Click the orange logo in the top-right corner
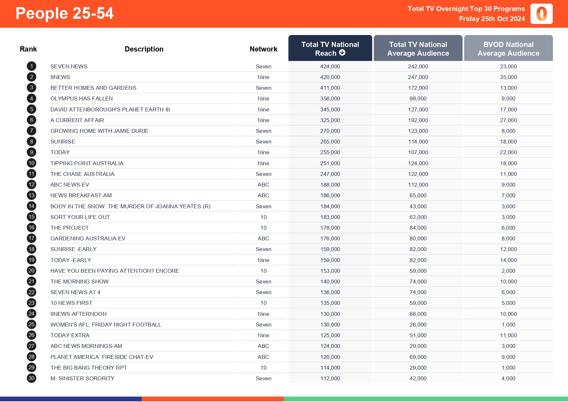[541, 14]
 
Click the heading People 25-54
[64, 14]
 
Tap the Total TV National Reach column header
[330, 48]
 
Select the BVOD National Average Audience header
[508, 49]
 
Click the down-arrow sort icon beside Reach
[342, 53]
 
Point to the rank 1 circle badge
[31, 66]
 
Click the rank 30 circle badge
[31, 378]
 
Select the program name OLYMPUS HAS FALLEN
[82, 98]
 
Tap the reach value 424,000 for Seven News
[330, 66]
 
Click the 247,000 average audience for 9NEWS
[418, 77]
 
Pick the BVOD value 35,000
[508, 77]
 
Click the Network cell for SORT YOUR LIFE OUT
[263, 217]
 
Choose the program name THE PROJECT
[70, 228]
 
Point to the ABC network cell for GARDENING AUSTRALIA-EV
[263, 238]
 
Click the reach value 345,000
[330, 109]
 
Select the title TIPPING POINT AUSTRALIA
[87, 163]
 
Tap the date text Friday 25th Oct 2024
[492, 19]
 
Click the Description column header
[144, 49]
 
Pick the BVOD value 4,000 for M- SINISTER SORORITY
[508, 378]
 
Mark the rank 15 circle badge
[31, 217]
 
